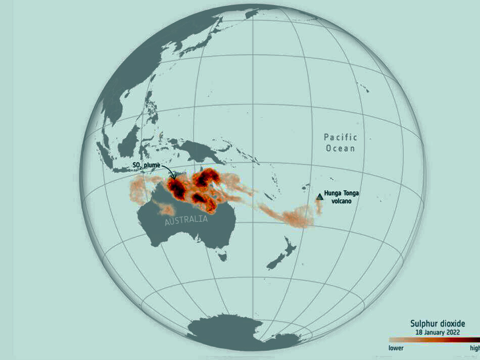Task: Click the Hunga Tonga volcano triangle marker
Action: pyautogui.click(x=319, y=196)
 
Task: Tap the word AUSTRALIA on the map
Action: pyautogui.click(x=186, y=220)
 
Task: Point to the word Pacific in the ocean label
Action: pyautogui.click(x=341, y=137)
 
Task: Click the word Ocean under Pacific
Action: pyautogui.click(x=340, y=148)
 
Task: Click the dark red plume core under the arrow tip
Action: pyautogui.click(x=177, y=187)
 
